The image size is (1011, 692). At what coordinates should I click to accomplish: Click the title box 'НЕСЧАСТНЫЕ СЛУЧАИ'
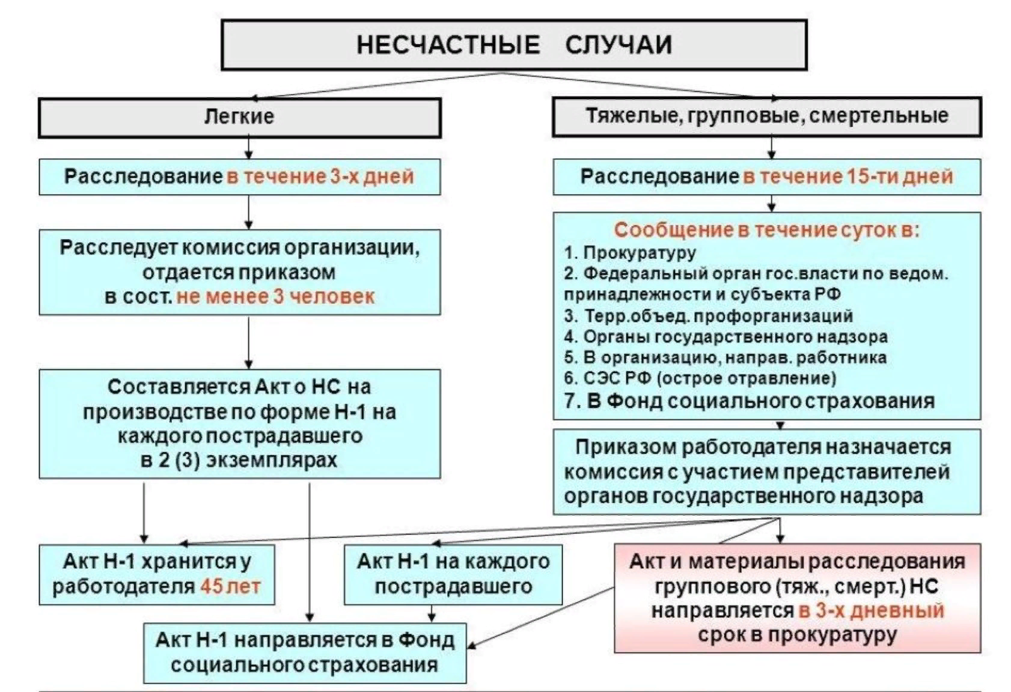pos(514,45)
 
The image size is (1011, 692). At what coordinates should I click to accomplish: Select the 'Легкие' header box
pos(239,117)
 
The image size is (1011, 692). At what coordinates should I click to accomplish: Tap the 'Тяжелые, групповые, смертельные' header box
pos(766,116)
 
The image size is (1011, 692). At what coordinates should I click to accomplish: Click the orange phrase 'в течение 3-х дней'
pos(320,177)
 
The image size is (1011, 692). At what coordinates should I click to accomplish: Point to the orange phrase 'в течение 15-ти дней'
pos(848,177)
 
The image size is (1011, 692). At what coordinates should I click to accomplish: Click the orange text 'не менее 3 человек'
pos(275,297)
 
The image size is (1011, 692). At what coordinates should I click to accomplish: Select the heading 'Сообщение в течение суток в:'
pos(766,229)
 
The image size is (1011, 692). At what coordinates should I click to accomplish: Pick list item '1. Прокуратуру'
pos(629,253)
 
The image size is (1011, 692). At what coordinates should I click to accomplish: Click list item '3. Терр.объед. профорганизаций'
pos(708,316)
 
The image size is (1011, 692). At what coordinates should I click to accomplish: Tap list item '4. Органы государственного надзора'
pos(725,337)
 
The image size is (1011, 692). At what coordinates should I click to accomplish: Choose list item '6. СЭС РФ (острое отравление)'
pos(700,378)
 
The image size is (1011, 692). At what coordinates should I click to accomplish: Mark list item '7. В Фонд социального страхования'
pos(749,401)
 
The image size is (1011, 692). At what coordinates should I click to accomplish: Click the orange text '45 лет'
pos(230,586)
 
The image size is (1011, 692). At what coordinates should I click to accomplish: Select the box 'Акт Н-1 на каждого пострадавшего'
pos(453,574)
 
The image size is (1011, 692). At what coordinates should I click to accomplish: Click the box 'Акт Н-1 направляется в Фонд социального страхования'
pos(305,653)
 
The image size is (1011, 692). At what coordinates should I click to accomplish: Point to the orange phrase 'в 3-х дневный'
pos(872,611)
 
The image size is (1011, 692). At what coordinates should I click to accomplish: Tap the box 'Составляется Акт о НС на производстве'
pos(239,423)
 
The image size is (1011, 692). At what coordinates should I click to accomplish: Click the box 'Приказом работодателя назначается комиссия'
pos(766,472)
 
